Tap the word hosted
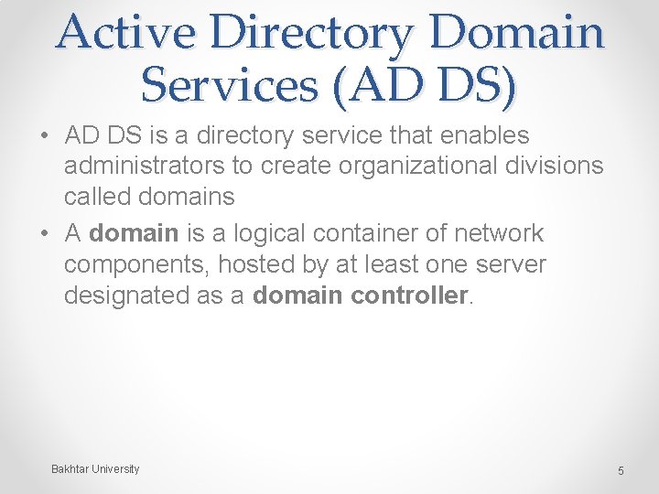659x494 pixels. click(x=258, y=264)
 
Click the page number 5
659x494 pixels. click(x=621, y=470)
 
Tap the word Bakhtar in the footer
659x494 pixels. click(x=69, y=468)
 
